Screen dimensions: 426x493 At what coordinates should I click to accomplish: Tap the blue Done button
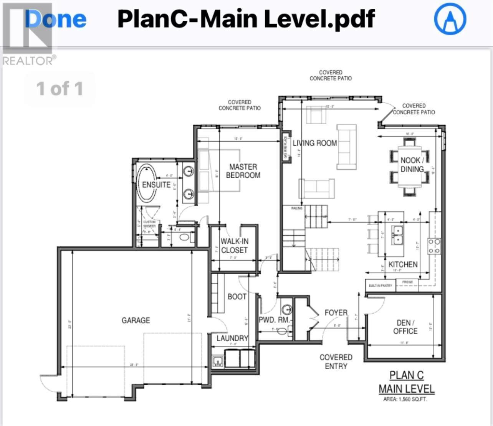(x=56, y=19)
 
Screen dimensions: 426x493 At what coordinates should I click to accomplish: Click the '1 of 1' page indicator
(x=60, y=89)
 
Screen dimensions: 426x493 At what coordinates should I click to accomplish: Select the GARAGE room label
(x=136, y=320)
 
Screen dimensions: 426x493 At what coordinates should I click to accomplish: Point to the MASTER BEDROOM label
(x=243, y=171)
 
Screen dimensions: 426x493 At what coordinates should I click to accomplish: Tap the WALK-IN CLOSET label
(x=234, y=246)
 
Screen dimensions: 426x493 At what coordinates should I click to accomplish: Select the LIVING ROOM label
(x=315, y=143)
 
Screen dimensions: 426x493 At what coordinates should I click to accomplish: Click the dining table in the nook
(x=410, y=165)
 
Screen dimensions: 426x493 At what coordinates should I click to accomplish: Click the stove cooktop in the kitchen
(x=434, y=246)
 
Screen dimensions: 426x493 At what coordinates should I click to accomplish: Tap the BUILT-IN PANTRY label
(x=381, y=286)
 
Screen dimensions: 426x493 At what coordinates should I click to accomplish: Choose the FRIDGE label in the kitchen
(x=407, y=282)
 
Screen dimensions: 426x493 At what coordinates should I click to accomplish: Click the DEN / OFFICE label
(x=405, y=327)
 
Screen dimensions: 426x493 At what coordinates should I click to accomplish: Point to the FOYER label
(x=336, y=313)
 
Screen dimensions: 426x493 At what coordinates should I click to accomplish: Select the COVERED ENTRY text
(x=336, y=362)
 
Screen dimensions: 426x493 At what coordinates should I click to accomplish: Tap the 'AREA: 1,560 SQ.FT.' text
(x=405, y=399)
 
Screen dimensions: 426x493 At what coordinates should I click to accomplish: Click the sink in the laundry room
(x=218, y=362)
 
